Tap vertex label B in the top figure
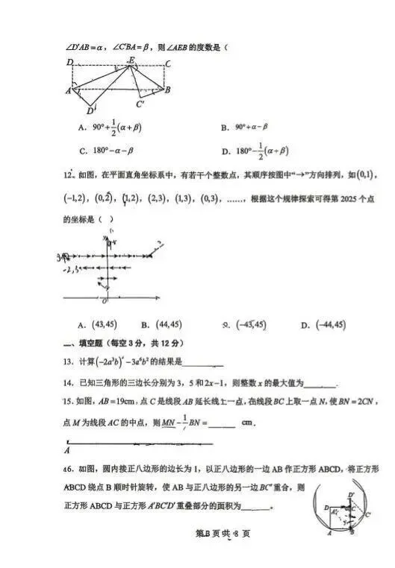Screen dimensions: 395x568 pos(169,90)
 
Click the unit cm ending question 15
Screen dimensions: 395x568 pos(249,423)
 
